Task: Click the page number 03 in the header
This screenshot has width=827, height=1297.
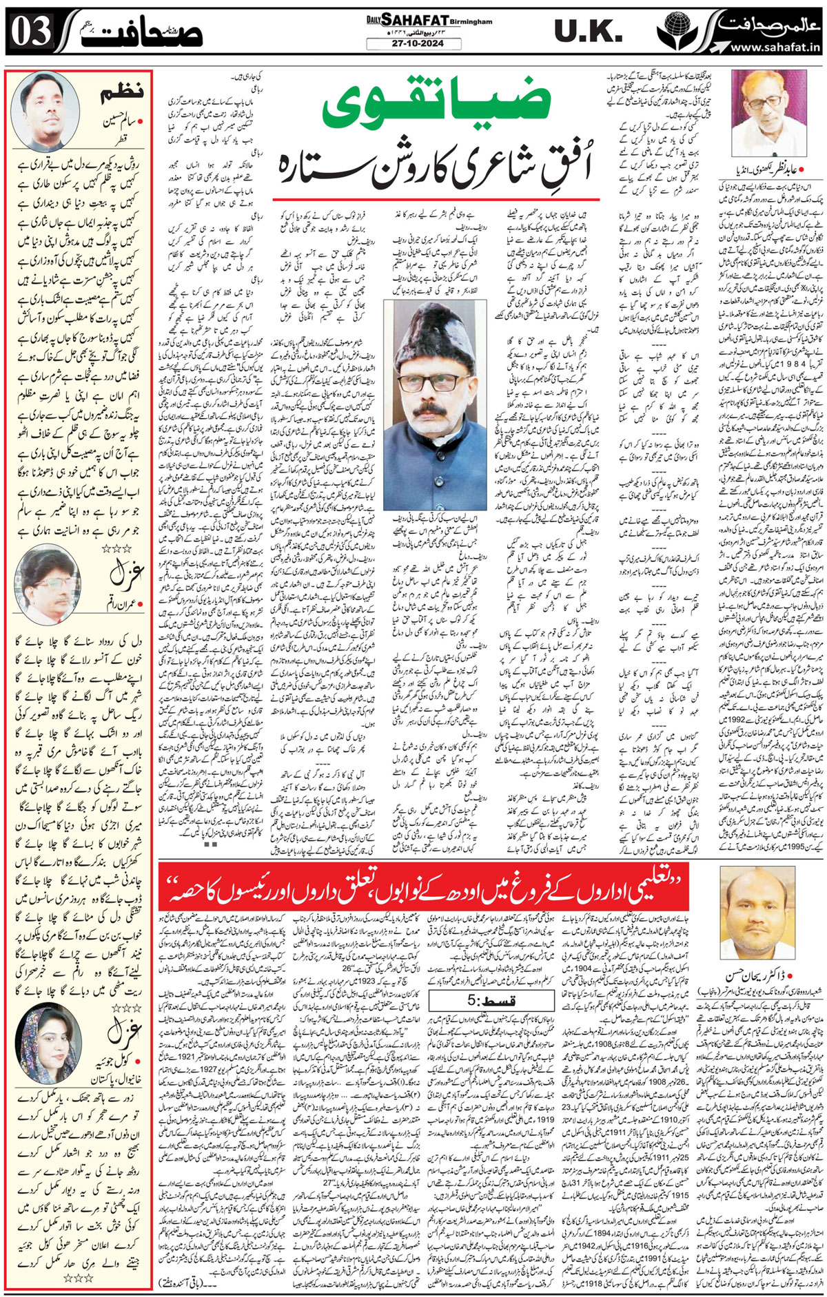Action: pyautogui.click(x=29, y=32)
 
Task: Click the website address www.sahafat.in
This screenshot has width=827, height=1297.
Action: pyautogui.click(x=775, y=48)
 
